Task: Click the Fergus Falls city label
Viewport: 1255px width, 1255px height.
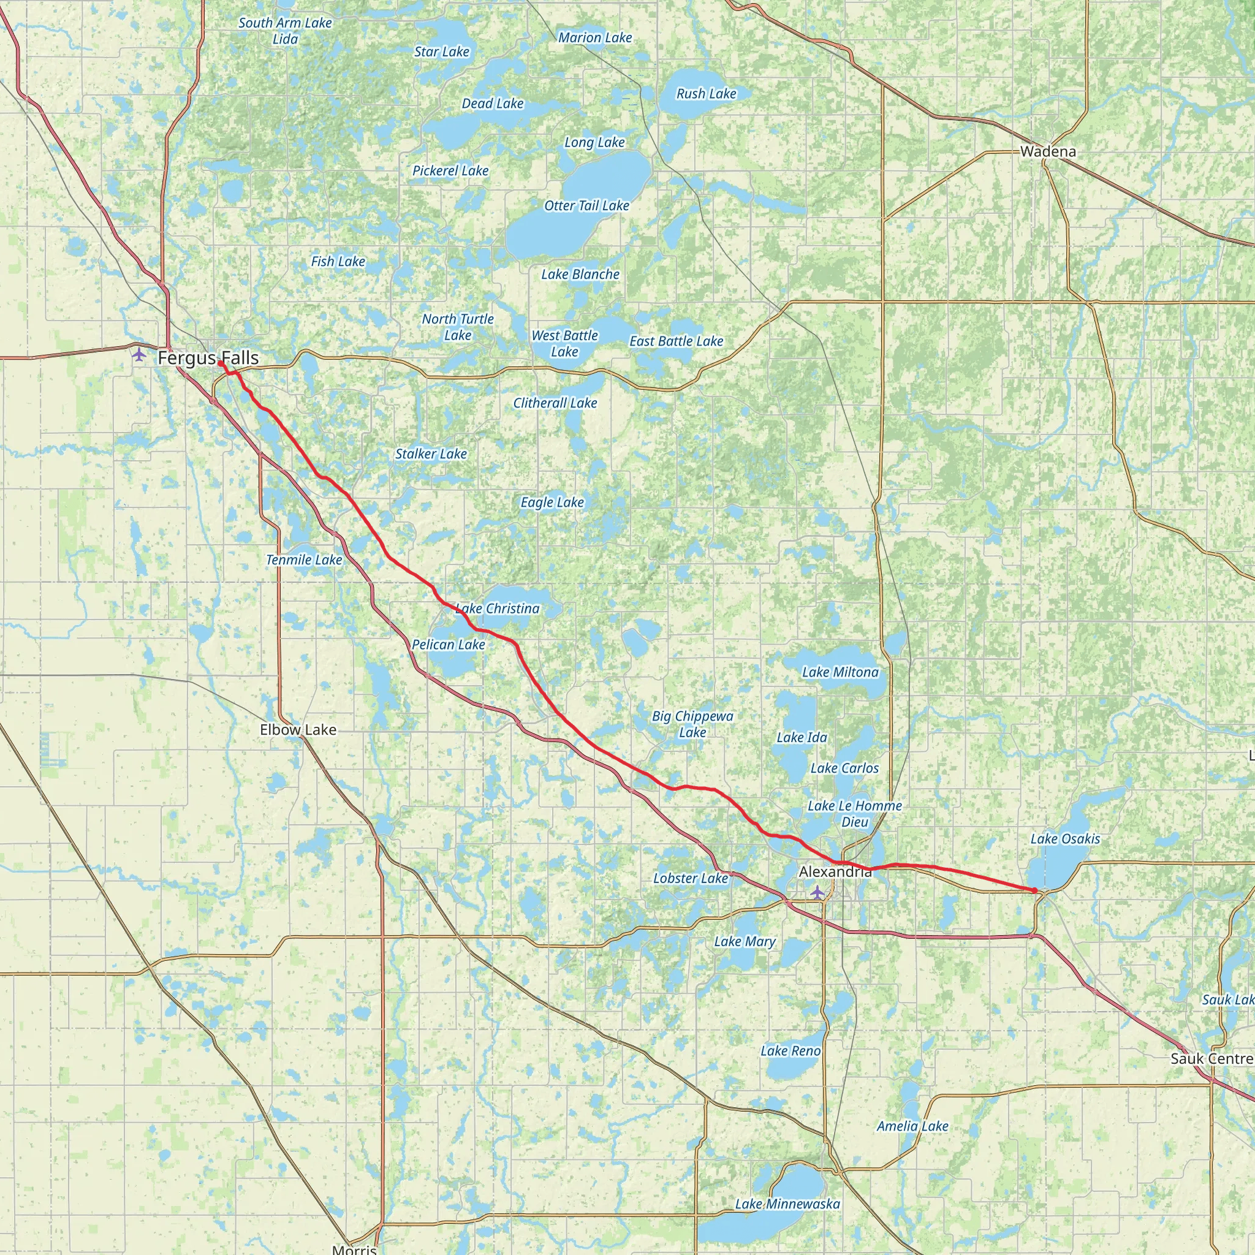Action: click(x=208, y=357)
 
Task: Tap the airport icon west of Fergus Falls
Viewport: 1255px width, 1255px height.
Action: click(x=139, y=355)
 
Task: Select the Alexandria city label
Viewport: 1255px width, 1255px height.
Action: click(x=835, y=872)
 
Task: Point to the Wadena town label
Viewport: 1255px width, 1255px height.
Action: click(x=1048, y=151)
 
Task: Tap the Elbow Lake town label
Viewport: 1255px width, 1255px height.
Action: click(x=298, y=729)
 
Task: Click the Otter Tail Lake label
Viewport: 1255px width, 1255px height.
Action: click(x=586, y=206)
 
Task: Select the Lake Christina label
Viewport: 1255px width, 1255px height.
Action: click(x=498, y=609)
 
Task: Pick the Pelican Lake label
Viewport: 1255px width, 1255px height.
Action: click(x=448, y=645)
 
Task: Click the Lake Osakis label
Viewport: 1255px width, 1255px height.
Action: click(x=1065, y=839)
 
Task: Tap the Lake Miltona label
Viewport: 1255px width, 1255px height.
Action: click(x=840, y=672)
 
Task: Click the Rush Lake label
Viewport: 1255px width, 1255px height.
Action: click(x=706, y=94)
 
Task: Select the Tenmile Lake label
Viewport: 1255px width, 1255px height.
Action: click(x=304, y=559)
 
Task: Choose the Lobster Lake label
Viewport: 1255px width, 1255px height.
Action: click(x=691, y=878)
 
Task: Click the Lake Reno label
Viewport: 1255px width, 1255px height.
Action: click(x=791, y=1050)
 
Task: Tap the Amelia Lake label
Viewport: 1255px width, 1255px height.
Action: click(x=912, y=1126)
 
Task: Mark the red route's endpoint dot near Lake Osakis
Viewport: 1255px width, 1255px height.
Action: click(x=1034, y=890)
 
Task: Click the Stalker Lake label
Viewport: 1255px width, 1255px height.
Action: click(x=431, y=453)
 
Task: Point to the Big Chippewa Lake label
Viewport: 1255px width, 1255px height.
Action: click(x=692, y=724)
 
